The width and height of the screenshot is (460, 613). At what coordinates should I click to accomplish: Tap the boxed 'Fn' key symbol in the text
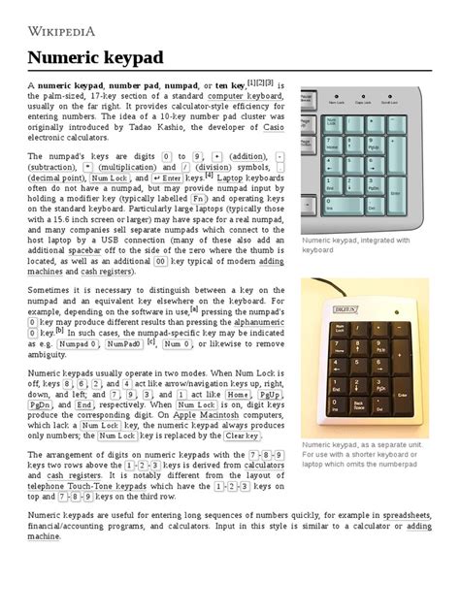[198, 197]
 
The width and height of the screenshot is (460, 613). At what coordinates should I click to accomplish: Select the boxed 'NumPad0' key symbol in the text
[123, 343]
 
